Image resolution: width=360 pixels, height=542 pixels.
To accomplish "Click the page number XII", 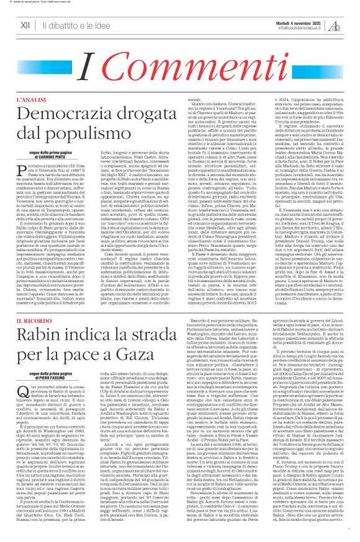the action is (x=25, y=25).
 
